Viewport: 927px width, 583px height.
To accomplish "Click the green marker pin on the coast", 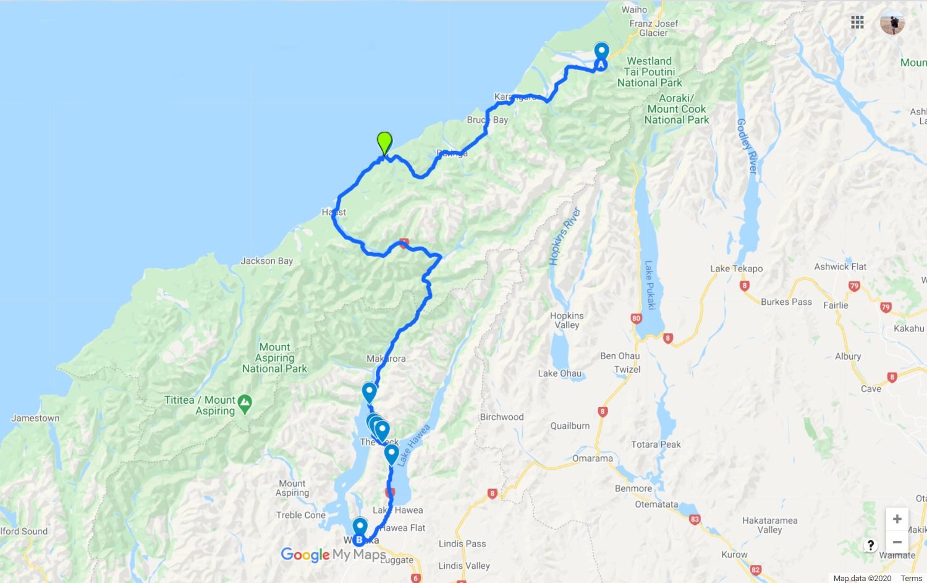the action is click(x=384, y=143).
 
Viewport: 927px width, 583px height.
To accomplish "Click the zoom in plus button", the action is click(x=897, y=519).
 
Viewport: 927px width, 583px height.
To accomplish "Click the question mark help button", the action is click(x=870, y=545).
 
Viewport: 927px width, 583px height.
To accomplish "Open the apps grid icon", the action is click(x=857, y=23).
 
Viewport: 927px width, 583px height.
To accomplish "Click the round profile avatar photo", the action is click(x=892, y=23).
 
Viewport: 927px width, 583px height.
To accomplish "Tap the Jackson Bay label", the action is click(x=266, y=261).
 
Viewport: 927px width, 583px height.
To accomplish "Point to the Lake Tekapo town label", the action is click(x=736, y=268).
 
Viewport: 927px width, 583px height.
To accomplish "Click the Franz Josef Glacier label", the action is click(x=654, y=28).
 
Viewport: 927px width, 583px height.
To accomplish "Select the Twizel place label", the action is click(x=627, y=370).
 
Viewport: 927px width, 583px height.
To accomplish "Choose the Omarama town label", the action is click(x=593, y=459).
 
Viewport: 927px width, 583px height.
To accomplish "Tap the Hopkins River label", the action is click(x=565, y=237).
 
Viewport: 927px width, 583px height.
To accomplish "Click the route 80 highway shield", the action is click(x=637, y=319).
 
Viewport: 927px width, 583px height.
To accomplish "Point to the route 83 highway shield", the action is click(x=694, y=519).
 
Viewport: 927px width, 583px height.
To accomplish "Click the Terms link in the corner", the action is click(x=911, y=579).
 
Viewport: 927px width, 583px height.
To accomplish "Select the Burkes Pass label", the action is click(x=786, y=302).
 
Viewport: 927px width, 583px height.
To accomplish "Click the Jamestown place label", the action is click(x=35, y=419).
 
